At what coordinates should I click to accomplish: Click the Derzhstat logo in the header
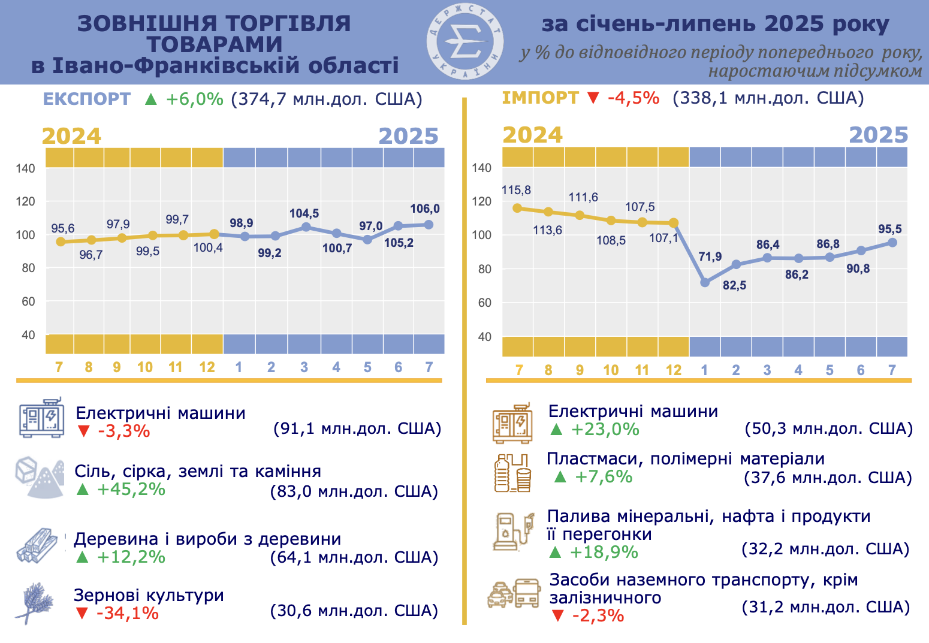coord(464,42)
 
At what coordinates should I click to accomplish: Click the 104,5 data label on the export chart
coord(304,213)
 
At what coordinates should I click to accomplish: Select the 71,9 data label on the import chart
coord(710,256)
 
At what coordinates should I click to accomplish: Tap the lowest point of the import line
coord(705,282)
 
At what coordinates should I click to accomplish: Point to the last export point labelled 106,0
coord(429,225)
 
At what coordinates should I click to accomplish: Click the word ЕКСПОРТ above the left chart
coord(87,99)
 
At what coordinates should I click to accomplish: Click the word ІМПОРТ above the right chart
coord(540,98)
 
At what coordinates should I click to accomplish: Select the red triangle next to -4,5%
coord(593,98)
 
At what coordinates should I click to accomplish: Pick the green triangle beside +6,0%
coord(151,99)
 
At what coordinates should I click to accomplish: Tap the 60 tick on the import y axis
coord(484,303)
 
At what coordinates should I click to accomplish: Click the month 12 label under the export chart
coord(207,367)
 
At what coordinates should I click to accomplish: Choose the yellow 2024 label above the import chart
coord(532,135)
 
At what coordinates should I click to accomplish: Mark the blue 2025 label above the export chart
coord(409,137)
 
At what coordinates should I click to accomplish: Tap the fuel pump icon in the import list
coord(513,531)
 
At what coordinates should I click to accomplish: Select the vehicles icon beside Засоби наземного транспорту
coord(514,593)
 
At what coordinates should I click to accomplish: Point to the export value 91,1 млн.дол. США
coord(357,428)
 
